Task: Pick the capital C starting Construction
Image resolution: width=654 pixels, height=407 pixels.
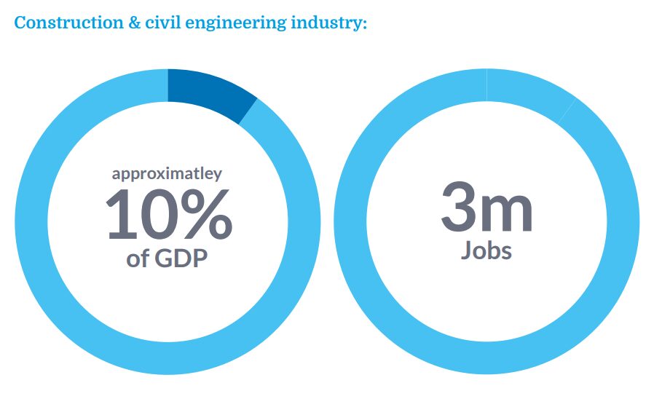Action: [20, 23]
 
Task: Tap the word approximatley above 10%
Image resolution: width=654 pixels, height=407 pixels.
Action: [167, 175]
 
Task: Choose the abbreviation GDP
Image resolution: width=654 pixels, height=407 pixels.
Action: [186, 259]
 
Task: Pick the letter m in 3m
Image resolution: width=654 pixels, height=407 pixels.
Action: [506, 212]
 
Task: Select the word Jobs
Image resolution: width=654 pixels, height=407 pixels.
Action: [486, 250]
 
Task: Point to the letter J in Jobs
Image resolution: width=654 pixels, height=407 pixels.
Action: [467, 250]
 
